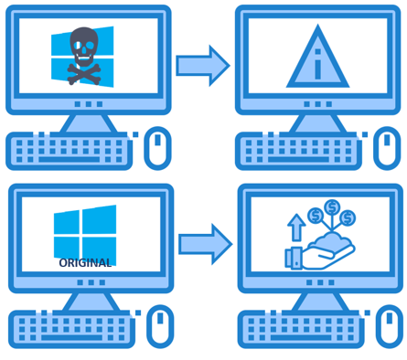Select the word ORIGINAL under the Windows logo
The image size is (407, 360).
(84, 263)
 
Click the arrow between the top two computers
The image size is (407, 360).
(202, 65)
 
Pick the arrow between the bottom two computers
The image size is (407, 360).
(203, 244)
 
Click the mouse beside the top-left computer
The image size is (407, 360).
(157, 148)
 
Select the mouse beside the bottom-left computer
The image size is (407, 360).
(158, 326)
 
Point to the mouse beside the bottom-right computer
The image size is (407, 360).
(386, 327)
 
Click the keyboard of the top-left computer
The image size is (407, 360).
(70, 152)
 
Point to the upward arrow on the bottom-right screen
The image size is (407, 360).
(296, 229)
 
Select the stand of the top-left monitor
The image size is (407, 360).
(88, 122)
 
